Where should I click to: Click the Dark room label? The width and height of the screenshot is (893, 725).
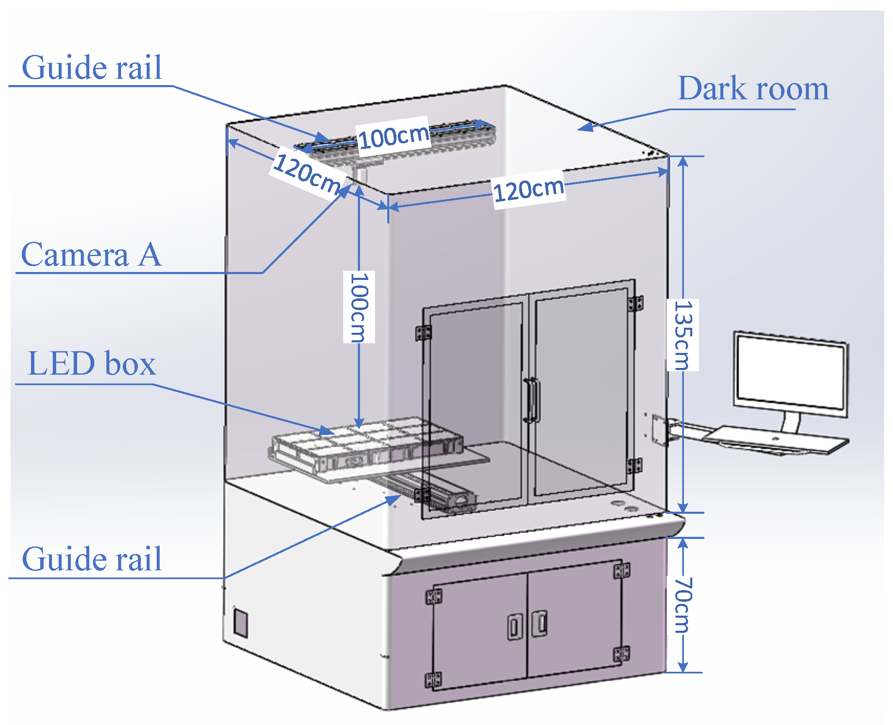[753, 89]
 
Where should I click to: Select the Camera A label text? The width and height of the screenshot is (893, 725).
[91, 255]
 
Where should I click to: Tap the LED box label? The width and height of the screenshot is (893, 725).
[91, 364]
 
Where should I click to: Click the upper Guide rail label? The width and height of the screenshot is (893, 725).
[91, 67]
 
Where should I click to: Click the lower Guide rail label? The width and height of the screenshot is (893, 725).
[91, 559]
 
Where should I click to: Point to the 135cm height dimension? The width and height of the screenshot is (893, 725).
[683, 335]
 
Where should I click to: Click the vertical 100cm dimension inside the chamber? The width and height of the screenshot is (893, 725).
[359, 307]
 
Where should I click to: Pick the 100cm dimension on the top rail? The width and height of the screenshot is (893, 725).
[393, 136]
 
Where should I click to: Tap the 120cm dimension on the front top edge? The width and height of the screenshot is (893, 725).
[529, 189]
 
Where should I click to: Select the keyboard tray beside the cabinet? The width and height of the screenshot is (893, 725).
[775, 440]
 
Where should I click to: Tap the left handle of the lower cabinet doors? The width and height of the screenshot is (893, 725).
[514, 627]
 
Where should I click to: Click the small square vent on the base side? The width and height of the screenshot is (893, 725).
[241, 623]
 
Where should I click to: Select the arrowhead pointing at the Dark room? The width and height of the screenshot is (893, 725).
[587, 127]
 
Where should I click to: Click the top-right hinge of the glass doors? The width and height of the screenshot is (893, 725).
[635, 303]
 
